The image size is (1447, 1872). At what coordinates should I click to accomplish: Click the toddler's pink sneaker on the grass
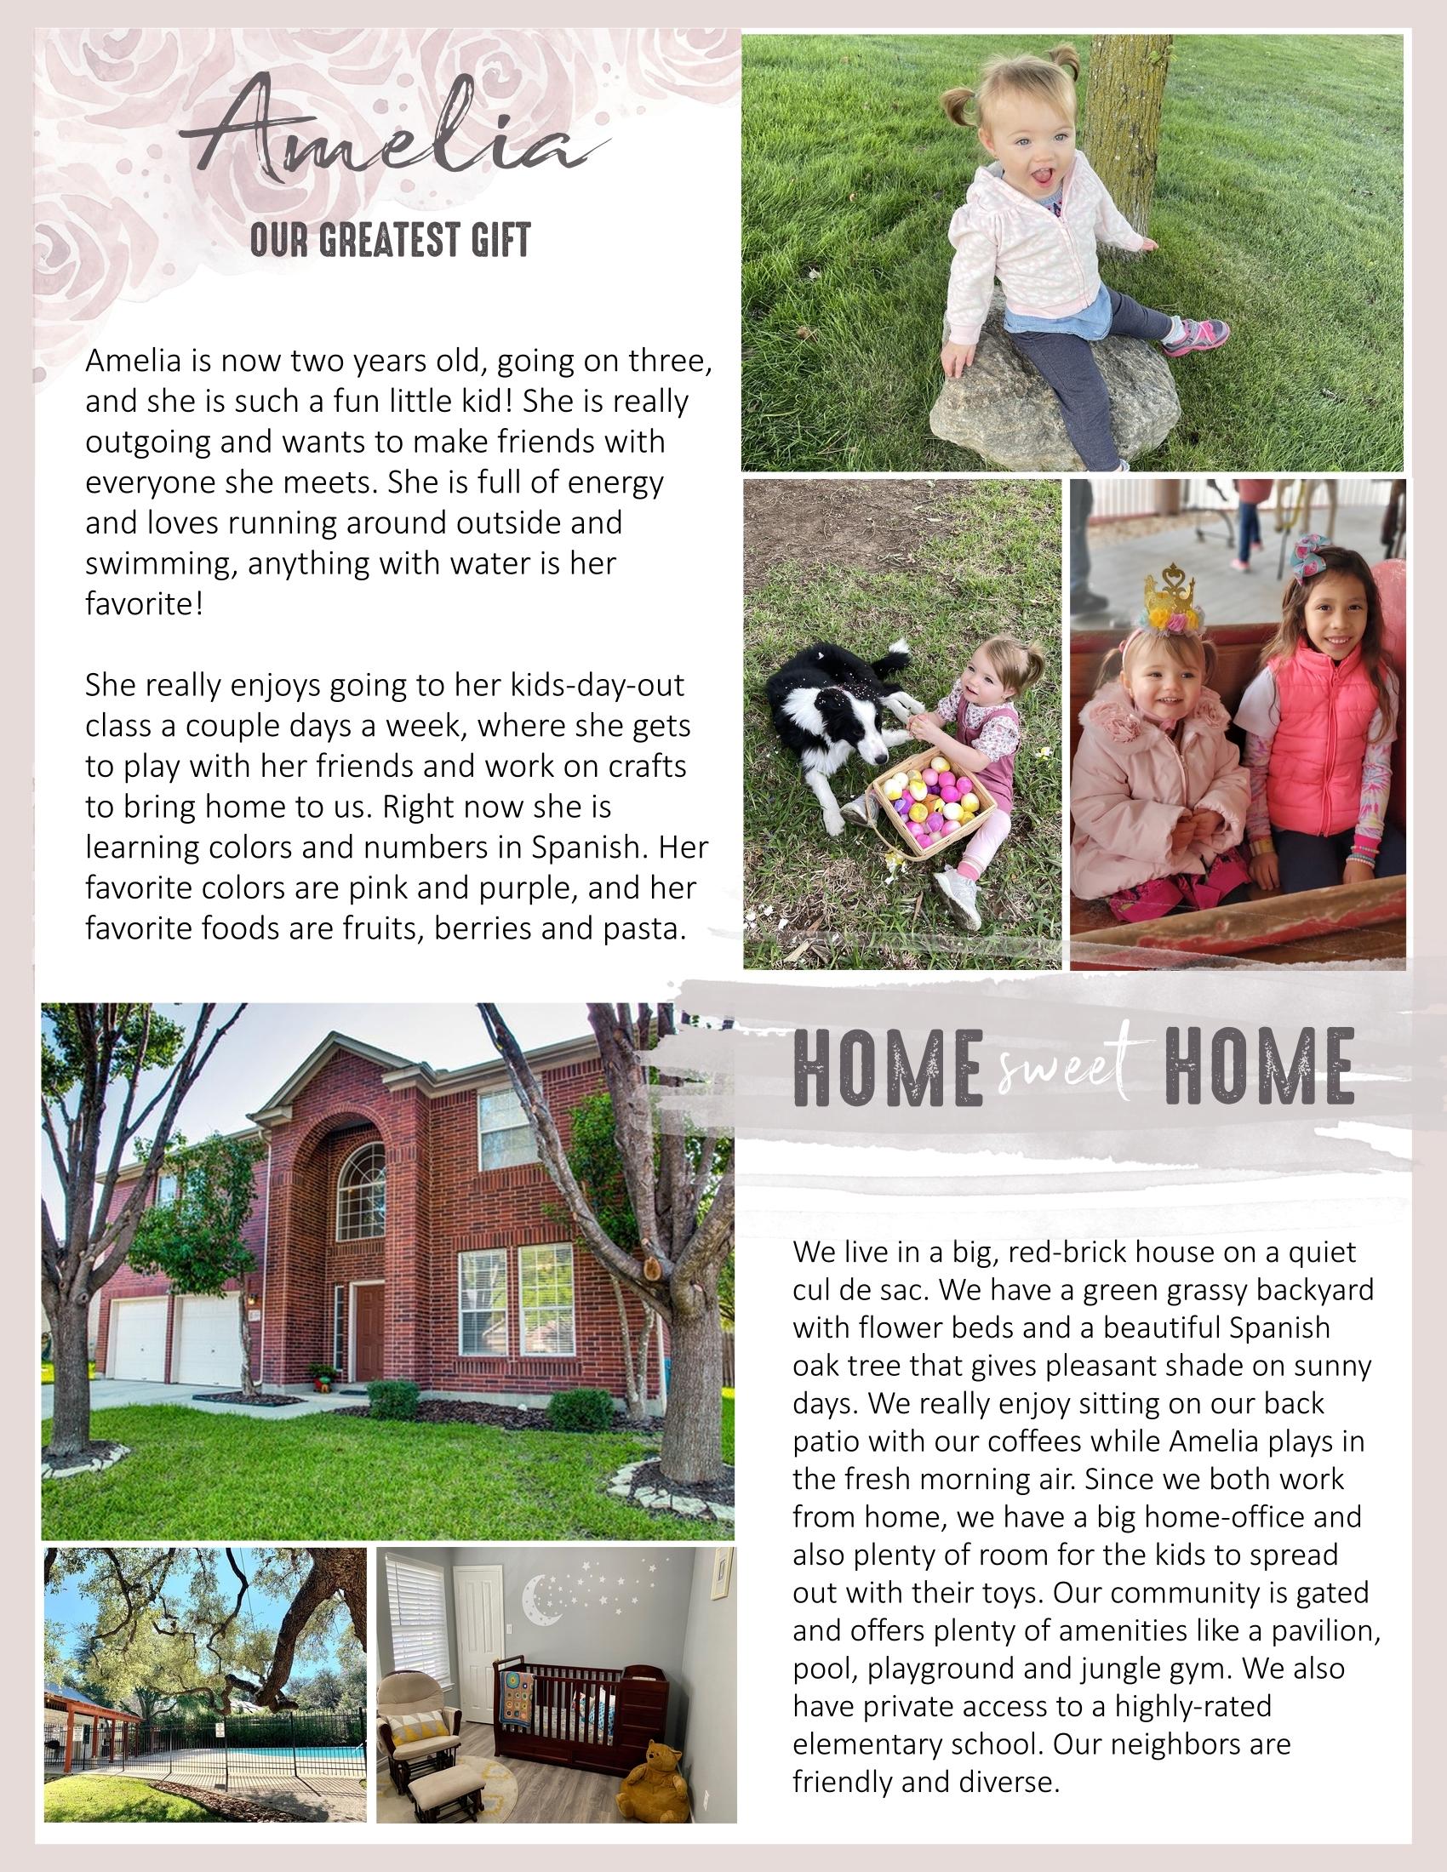1197,334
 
